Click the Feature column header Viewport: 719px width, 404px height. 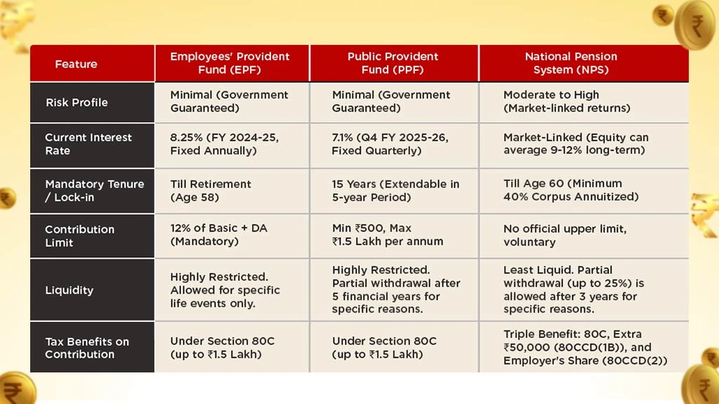pos(76,64)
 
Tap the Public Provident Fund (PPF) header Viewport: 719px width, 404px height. pos(393,63)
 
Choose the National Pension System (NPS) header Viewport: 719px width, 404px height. pos(571,63)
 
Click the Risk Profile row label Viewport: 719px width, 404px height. pos(77,102)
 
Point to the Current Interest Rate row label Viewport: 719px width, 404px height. pos(88,144)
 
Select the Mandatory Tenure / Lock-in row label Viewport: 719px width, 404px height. pos(94,191)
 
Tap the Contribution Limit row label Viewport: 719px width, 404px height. pos(79,236)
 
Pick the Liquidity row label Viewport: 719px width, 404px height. pos(69,290)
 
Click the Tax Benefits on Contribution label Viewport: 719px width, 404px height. pos(87,348)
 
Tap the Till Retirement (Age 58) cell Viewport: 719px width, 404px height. pos(211,191)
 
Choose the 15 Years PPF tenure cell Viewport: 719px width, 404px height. pos(395,191)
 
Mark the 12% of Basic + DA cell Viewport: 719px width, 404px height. pos(218,235)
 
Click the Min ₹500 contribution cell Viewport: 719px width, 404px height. pos(388,235)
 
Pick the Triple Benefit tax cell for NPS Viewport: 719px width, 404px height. pos(584,347)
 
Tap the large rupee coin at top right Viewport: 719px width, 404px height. pos(694,24)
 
